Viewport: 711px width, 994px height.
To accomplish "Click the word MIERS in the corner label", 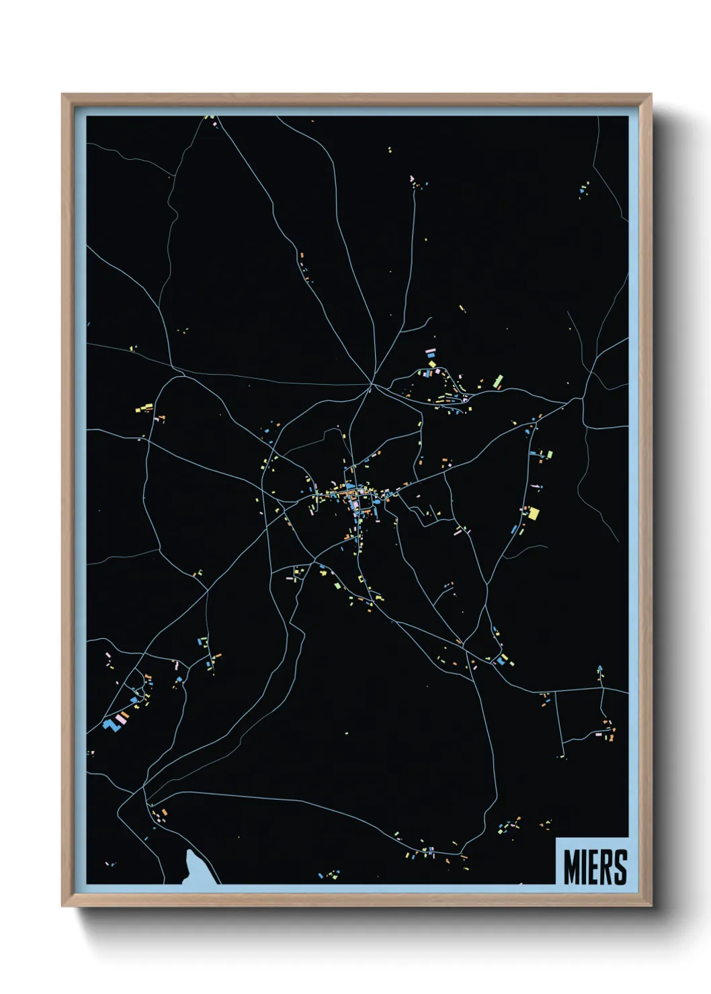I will click(595, 867).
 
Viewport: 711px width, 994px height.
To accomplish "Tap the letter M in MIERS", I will click(573, 867).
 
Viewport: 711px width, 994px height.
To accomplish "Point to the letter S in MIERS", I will click(620, 867).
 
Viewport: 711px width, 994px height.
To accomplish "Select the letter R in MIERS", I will click(607, 867).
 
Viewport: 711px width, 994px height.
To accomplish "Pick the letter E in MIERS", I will click(595, 867).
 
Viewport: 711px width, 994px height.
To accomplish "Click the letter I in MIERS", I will click(585, 867).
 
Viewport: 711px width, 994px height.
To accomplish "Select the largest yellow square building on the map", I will click(534, 514).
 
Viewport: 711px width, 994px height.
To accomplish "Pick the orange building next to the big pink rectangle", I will click(124, 714).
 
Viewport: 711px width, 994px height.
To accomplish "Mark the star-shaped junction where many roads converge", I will click(371, 386).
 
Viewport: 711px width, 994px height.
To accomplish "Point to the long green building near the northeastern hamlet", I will click(498, 381).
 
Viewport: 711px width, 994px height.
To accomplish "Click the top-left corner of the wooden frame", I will click(63, 95).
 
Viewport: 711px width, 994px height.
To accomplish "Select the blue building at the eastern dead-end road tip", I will click(600, 668).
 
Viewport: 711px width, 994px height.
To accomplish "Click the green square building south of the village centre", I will click(338, 585).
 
